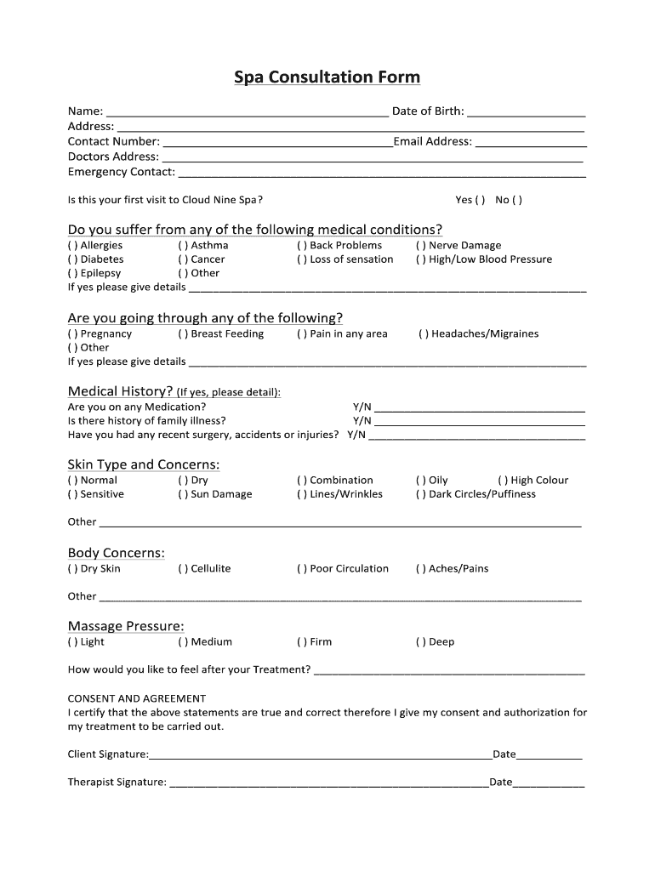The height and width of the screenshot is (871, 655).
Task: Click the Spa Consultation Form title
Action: (327, 77)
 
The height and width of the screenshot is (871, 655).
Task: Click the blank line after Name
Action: (247, 111)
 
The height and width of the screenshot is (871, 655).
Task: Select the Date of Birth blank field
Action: (527, 111)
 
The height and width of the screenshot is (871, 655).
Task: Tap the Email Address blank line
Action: (529, 142)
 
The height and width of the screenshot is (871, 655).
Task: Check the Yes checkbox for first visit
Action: (481, 201)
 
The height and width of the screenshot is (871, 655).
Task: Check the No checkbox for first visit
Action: (518, 201)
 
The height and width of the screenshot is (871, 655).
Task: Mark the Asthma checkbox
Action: (183, 246)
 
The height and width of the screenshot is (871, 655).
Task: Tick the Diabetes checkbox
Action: (72, 259)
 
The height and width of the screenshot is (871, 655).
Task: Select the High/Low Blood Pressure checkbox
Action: (421, 259)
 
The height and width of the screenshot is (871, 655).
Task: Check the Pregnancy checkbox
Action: (72, 334)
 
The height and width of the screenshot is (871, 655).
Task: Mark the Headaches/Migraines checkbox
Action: (424, 334)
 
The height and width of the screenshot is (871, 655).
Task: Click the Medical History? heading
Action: (120, 391)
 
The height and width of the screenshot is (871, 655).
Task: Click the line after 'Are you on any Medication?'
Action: (480, 408)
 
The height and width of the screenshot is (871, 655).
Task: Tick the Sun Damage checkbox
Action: (183, 494)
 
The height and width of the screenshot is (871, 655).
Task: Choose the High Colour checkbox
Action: (503, 481)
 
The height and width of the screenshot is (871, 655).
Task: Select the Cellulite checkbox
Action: (183, 569)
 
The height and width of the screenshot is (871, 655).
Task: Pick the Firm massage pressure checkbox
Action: (302, 642)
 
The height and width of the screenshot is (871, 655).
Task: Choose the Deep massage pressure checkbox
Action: (421, 642)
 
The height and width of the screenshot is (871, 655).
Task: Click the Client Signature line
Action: (321, 754)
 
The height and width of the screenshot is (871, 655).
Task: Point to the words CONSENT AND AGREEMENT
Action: (137, 698)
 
